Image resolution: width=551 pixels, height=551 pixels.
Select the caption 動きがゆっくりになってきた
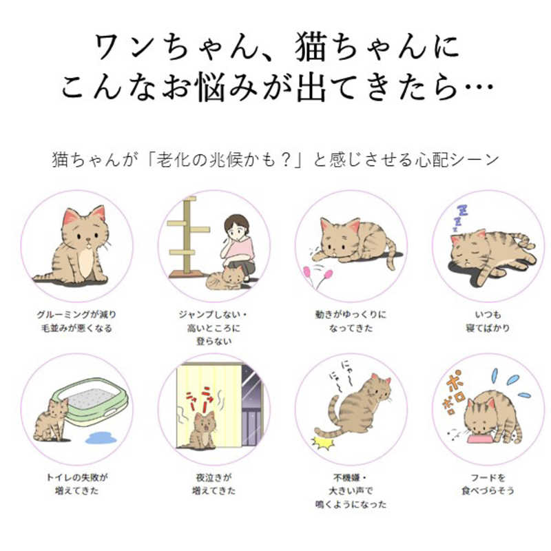[x=350, y=321]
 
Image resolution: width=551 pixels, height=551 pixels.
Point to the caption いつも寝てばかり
[x=488, y=321]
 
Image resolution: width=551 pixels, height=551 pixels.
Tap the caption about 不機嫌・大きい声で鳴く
[x=350, y=490]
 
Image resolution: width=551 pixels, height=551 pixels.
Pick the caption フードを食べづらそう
[x=488, y=484]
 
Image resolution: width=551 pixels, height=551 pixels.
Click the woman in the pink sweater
[x=238, y=244]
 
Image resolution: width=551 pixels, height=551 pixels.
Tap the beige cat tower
[x=187, y=234]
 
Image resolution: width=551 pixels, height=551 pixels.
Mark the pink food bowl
[x=482, y=439]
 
